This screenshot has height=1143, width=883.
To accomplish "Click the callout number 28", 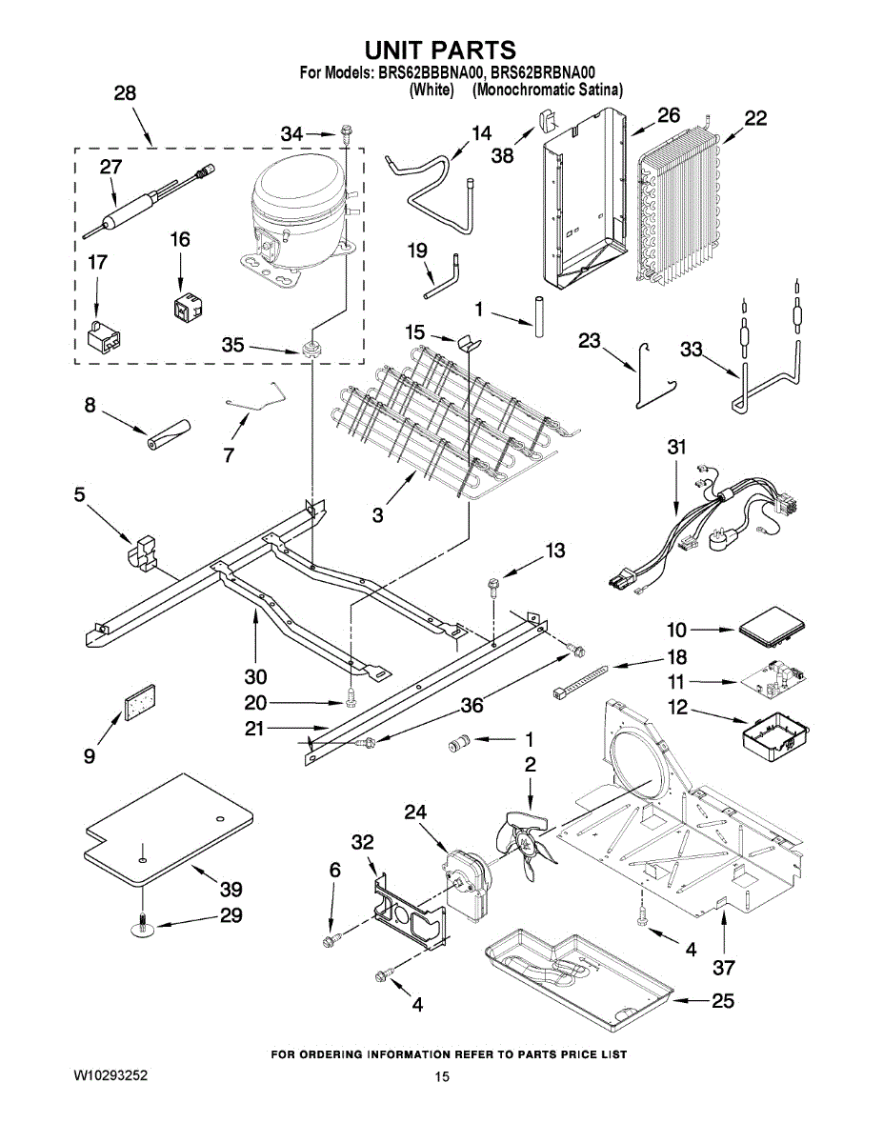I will tap(125, 93).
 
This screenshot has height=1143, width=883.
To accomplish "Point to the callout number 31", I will tap(676, 447).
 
